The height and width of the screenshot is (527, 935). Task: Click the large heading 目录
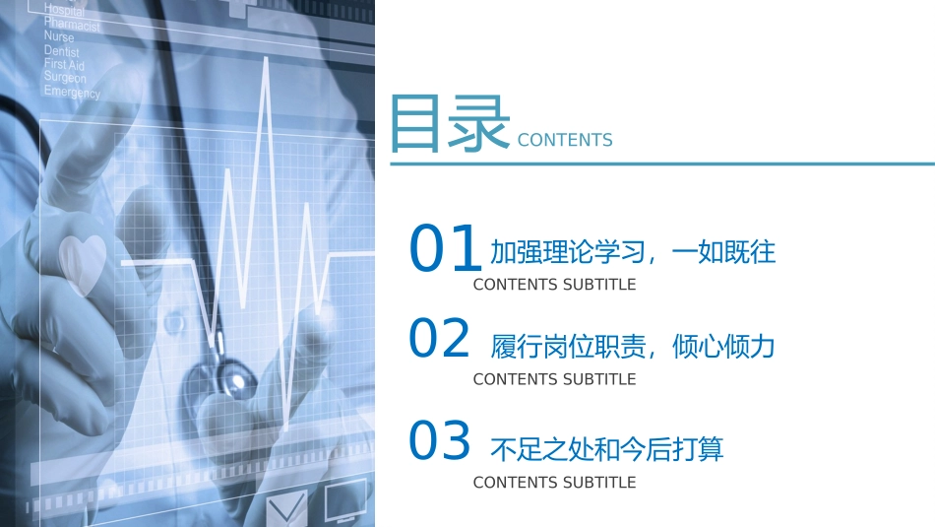[x=449, y=125]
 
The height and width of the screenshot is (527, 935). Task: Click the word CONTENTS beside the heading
[x=565, y=140]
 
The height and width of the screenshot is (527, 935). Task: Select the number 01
[x=445, y=249]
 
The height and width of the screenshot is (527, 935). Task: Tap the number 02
[x=440, y=340]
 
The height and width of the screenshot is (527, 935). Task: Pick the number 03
[x=440, y=442]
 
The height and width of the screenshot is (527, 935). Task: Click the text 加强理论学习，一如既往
[x=633, y=252]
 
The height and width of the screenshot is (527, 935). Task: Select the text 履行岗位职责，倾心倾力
[x=633, y=347]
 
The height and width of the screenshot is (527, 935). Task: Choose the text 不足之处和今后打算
[x=606, y=450]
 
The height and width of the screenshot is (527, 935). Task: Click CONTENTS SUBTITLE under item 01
[x=554, y=285]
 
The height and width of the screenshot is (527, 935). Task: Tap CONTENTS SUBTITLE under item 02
[x=554, y=379]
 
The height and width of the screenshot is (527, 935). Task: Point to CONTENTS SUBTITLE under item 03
[x=554, y=483]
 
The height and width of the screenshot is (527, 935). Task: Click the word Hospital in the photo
[x=64, y=10]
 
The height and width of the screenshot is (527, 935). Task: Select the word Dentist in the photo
[x=62, y=50]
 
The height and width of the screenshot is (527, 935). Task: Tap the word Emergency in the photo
[x=72, y=93]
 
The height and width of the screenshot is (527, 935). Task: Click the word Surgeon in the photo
[x=65, y=78]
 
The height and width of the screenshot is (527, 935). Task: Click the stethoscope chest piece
[x=232, y=376]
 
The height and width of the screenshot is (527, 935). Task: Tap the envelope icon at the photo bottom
[x=286, y=508]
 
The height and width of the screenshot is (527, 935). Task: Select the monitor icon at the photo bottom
[x=345, y=499]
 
